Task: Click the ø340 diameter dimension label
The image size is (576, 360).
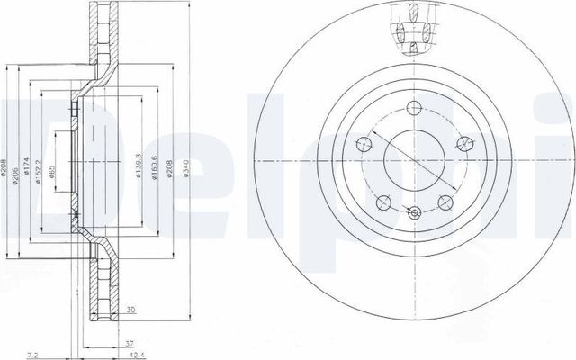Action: [x=185, y=168]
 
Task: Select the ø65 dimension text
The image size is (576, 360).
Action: [x=54, y=174]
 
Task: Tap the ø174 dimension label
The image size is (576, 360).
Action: [x=28, y=167]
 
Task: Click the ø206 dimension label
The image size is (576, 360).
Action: [x=16, y=168]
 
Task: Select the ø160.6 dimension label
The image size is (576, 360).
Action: [x=155, y=168]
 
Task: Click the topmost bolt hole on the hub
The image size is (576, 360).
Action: [x=413, y=108]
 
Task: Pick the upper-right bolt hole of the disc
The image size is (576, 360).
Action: [x=464, y=143]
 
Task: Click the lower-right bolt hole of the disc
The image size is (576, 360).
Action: [x=445, y=203]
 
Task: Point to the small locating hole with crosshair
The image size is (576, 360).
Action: [x=413, y=213]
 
